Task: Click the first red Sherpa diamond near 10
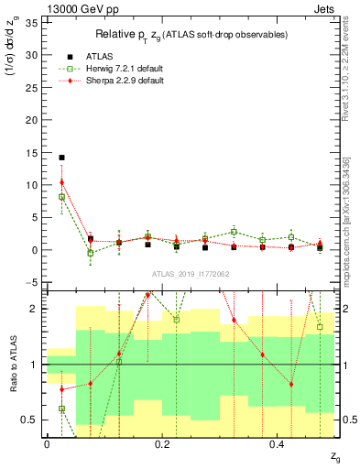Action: click(x=61, y=182)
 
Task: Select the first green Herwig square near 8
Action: click(x=61, y=196)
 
